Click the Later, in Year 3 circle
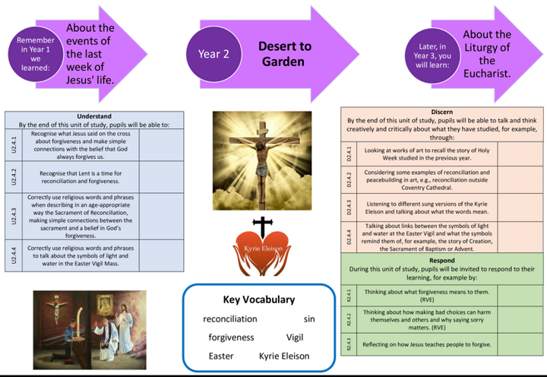tap(431, 55)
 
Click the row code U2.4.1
tap(13, 144)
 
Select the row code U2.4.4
tap(13, 254)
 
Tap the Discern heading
tap(441, 112)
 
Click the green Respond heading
tap(441, 261)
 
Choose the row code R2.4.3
tap(349, 344)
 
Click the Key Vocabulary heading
tap(258, 299)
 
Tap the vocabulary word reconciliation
tap(230, 319)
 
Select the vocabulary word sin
tap(309, 319)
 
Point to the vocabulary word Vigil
tap(295, 337)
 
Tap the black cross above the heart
tap(262, 227)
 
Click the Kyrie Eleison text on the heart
tap(262, 249)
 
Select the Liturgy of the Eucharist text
tap(487, 54)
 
